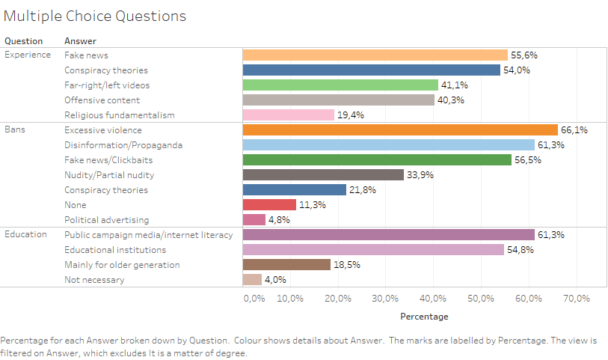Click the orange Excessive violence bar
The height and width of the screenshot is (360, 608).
[x=400, y=130]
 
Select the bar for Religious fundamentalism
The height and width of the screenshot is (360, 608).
[x=289, y=115]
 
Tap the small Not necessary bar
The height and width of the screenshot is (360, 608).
[x=252, y=280]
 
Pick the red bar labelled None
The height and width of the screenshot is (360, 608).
[x=269, y=205]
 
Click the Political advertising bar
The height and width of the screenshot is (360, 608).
[x=254, y=220]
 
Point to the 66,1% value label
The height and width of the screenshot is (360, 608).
[x=574, y=130]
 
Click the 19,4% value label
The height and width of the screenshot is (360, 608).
[x=351, y=115]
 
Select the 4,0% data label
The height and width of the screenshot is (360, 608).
[x=275, y=280]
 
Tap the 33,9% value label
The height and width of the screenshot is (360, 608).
[x=420, y=175]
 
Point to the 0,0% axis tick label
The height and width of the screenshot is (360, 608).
[x=254, y=299]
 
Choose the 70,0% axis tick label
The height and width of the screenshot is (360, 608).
[x=576, y=299]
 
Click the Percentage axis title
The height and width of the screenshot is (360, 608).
[x=425, y=317]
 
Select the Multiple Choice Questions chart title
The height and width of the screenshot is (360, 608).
[x=95, y=16]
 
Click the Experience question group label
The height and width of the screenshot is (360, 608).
[x=28, y=55]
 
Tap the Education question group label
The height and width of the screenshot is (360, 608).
[x=27, y=234]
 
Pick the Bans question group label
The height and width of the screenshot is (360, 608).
[x=16, y=129]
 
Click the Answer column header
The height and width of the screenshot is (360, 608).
[x=80, y=41]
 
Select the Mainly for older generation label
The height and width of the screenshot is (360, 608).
[x=122, y=265]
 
